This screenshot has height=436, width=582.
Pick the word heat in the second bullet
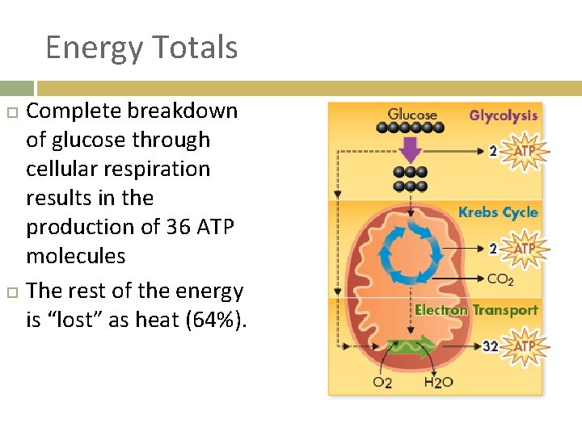tap(158, 321)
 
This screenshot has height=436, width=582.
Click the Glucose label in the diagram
tap(412, 115)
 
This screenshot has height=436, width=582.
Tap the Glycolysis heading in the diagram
tap(503, 115)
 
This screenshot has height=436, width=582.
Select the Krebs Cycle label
tap(497, 212)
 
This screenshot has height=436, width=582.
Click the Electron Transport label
tap(476, 310)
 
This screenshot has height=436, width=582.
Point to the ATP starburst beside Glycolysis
tap(525, 151)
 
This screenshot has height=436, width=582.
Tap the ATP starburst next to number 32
tap(525, 346)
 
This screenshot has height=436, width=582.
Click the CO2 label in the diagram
tap(500, 279)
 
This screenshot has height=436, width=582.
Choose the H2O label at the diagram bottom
tap(438, 381)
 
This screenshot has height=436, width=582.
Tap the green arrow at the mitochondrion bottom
tap(411, 347)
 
